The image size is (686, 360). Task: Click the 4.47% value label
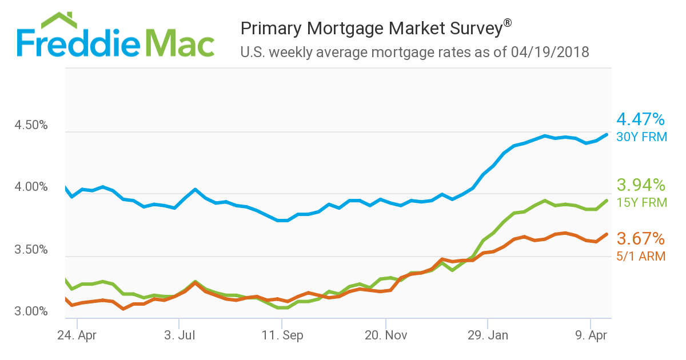pyautogui.click(x=641, y=119)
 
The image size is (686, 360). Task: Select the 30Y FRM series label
pyautogui.click(x=642, y=137)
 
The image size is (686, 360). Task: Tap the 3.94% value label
pyautogui.click(x=641, y=185)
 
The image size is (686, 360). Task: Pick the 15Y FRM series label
pyautogui.click(x=642, y=203)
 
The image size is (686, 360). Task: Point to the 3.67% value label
pyautogui.click(x=641, y=238)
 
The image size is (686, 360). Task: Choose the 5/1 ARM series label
pyautogui.click(x=641, y=257)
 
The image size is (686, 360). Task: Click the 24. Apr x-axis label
pyautogui.click(x=77, y=336)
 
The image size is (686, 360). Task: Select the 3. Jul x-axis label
pyautogui.click(x=180, y=336)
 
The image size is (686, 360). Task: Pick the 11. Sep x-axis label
pyautogui.click(x=282, y=336)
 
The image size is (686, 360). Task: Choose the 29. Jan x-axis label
pyautogui.click(x=487, y=336)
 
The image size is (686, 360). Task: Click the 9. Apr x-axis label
pyautogui.click(x=590, y=336)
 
